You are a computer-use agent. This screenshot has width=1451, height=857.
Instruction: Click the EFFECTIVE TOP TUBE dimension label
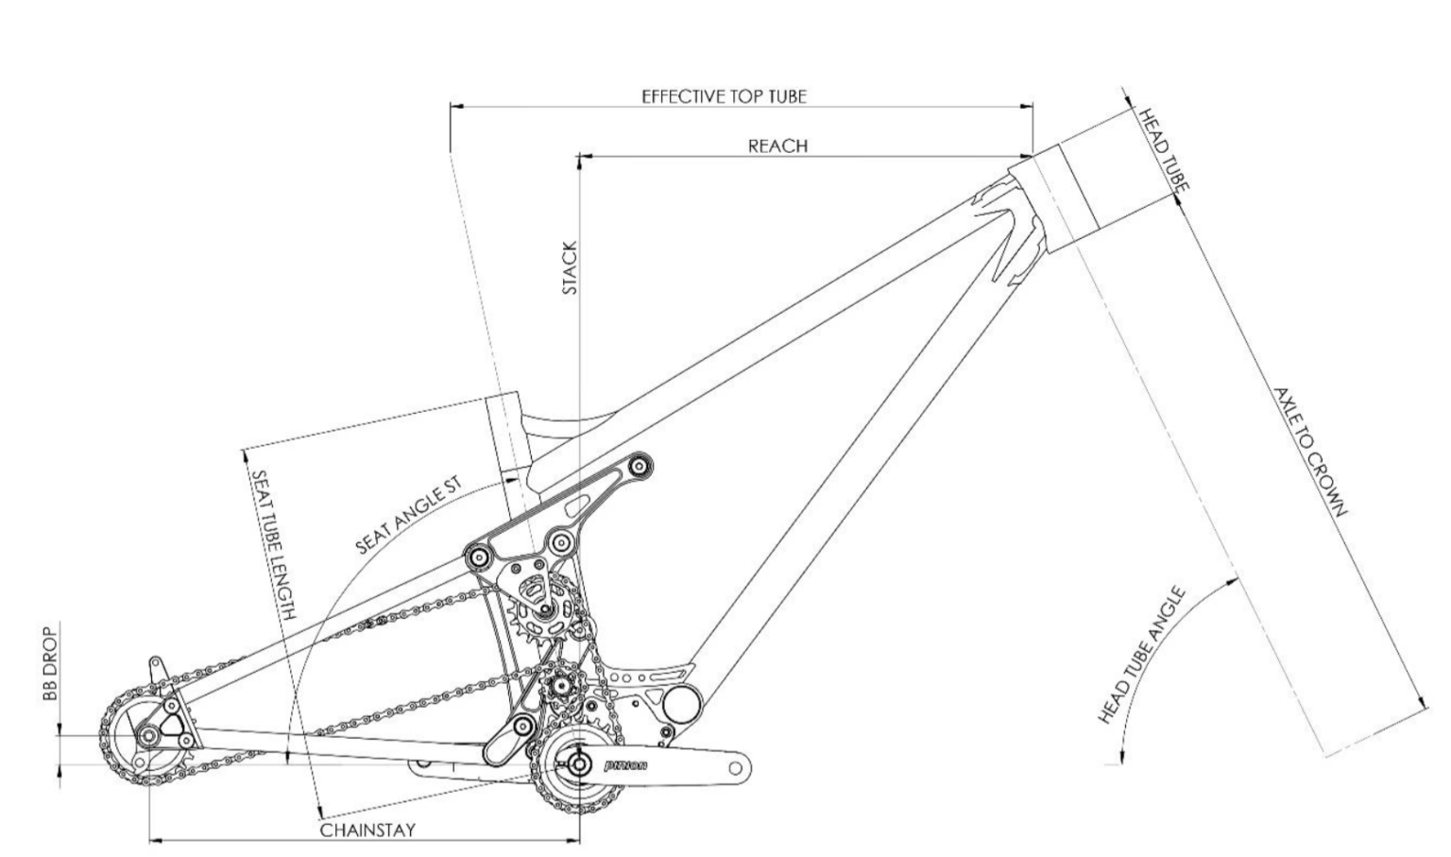point(724,96)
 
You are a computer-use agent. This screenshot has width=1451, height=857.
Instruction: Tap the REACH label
point(777,146)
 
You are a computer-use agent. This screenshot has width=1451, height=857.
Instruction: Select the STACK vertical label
point(570,267)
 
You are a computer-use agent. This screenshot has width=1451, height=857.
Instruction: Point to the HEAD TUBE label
point(1161,148)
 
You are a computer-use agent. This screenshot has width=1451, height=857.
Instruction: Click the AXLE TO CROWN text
point(1309,452)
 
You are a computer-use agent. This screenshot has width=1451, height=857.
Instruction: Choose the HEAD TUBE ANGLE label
point(1142,656)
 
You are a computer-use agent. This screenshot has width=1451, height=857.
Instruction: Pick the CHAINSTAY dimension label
point(367,831)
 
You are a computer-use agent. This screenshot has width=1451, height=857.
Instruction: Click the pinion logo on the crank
point(625,764)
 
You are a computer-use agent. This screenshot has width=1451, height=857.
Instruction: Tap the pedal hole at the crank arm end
point(736,768)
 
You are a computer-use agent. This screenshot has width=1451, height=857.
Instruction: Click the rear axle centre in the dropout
point(148,736)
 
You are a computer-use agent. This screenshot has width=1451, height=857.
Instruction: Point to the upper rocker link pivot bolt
point(640,465)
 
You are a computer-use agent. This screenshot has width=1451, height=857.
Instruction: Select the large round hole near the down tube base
point(682,705)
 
